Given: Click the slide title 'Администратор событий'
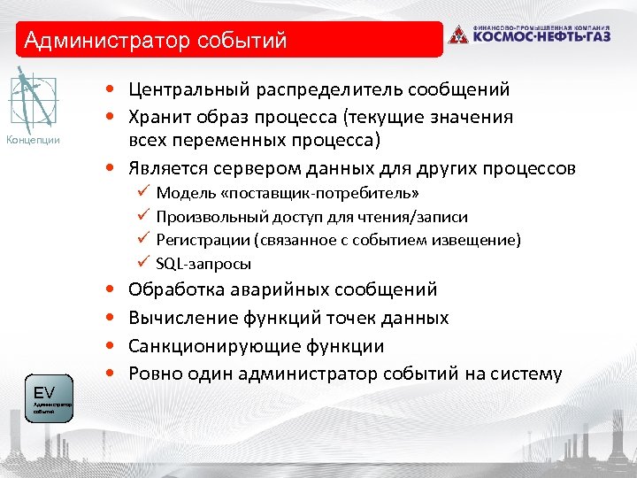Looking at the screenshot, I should pyautogui.click(x=156, y=41).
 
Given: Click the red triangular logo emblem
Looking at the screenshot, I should pyautogui.click(x=457, y=35).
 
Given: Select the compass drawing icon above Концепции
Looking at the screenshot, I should pyautogui.click(x=33, y=101).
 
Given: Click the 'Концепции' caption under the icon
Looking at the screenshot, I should pyautogui.click(x=33, y=140).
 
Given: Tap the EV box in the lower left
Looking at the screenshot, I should pyautogui.click(x=51, y=399).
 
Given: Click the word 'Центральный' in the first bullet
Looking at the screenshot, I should pyautogui.click(x=182, y=89).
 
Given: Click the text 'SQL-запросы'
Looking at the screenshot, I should pyautogui.click(x=203, y=264).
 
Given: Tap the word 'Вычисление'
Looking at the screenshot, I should pyautogui.click(x=180, y=318).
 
